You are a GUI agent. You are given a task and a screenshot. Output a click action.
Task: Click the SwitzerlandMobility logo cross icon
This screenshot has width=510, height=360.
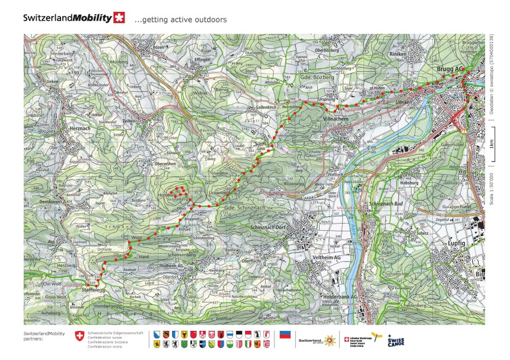[120, 18]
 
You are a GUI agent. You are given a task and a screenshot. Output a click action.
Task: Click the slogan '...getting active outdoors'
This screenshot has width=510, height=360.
[180, 20]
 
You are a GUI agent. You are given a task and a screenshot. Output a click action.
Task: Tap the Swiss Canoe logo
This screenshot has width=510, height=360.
[396, 341]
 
